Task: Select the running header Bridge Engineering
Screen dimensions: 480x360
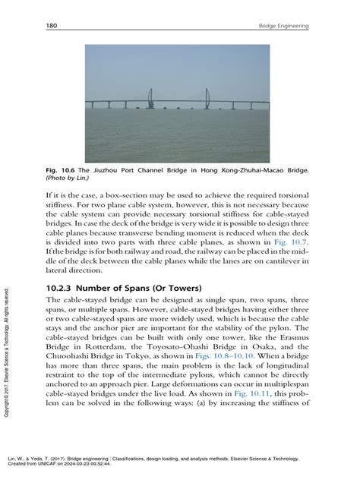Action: click(283, 27)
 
